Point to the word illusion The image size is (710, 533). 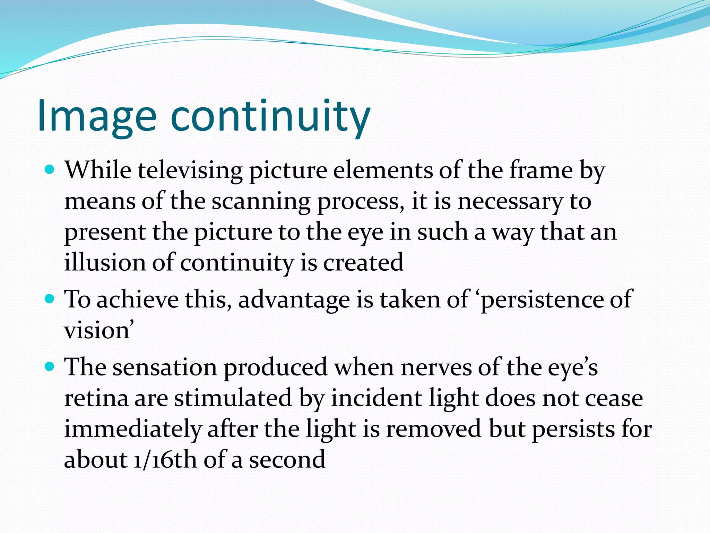(x=105, y=262)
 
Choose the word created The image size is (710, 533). (x=363, y=262)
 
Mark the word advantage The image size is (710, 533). (x=294, y=299)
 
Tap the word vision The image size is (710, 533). (x=97, y=330)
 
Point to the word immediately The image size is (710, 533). (x=132, y=429)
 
